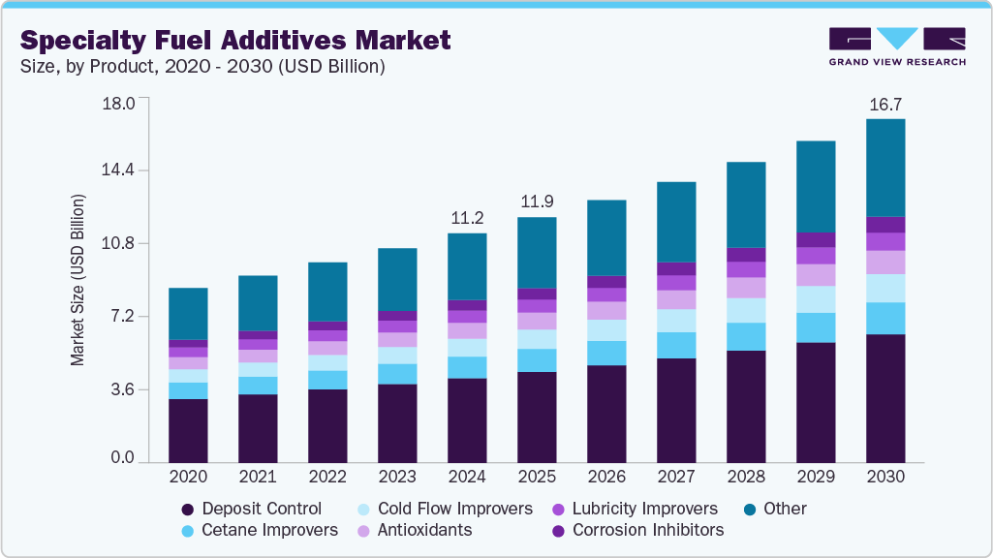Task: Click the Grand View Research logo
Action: (896, 46)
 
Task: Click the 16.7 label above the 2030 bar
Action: (884, 103)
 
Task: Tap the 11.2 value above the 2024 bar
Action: (467, 217)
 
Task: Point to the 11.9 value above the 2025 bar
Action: (537, 201)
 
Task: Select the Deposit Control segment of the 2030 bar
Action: (884, 397)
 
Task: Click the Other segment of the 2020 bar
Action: (188, 314)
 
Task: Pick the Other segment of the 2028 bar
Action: (746, 204)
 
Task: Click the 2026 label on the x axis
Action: (606, 477)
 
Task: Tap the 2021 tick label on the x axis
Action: (258, 477)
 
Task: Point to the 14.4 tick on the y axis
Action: (121, 170)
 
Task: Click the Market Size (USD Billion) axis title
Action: (78, 280)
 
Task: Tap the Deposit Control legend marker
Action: (188, 509)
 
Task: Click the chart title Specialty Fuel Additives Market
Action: (235, 40)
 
